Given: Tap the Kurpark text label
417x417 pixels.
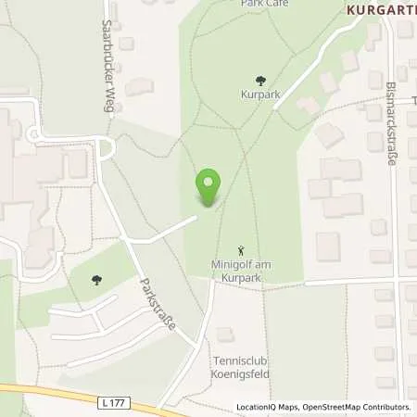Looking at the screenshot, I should click(261, 95).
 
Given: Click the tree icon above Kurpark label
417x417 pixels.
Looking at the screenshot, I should click(261, 81).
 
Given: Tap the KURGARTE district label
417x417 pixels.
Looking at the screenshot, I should click(381, 11).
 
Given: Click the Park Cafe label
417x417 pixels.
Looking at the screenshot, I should click(265, 4).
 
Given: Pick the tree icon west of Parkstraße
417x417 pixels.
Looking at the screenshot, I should click(96, 278).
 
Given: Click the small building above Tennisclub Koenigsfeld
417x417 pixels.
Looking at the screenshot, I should click(224, 334).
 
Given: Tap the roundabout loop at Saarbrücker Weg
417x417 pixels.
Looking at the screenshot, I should click(105, 147).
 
